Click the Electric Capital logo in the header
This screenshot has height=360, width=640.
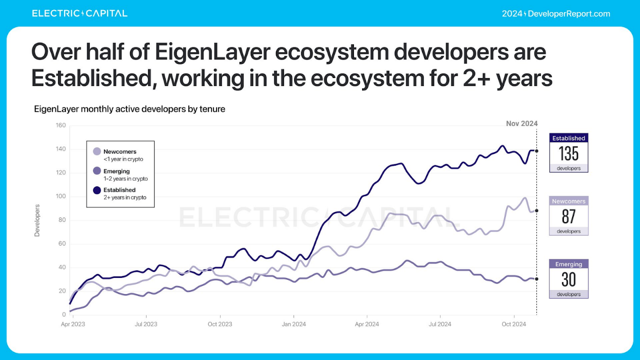[x=80, y=14]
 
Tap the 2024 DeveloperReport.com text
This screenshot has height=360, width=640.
[x=556, y=14]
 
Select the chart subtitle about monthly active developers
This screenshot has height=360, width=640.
[x=129, y=109]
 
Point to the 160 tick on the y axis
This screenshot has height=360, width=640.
[x=60, y=125]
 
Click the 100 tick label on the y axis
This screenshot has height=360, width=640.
[x=60, y=196]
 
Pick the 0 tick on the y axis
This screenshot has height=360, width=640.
[x=63, y=315]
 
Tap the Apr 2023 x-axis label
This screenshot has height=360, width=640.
[x=73, y=324]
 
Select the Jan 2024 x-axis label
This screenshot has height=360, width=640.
[x=294, y=324]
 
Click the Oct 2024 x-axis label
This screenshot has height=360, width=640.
[x=514, y=324]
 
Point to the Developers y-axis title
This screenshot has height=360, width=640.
[x=37, y=221]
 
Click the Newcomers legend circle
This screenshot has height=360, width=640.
[x=97, y=152]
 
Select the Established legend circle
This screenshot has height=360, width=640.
[x=97, y=190]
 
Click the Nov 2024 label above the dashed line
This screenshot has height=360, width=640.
[x=522, y=124]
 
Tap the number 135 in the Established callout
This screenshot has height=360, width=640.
[x=568, y=154]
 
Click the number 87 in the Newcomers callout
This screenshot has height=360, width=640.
[x=568, y=217]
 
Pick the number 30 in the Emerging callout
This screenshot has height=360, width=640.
[x=568, y=279]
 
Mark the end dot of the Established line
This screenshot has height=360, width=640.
[x=537, y=151]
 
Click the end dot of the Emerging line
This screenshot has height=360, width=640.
[x=537, y=279]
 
